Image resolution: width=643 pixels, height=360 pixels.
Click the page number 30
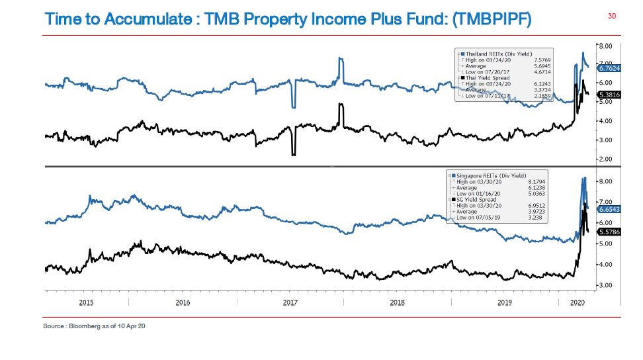tap(611, 16)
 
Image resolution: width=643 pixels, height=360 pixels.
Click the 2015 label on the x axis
tap(87, 302)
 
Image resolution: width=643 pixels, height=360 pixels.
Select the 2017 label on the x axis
tap(290, 302)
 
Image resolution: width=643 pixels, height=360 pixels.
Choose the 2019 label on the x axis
tap(504, 302)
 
